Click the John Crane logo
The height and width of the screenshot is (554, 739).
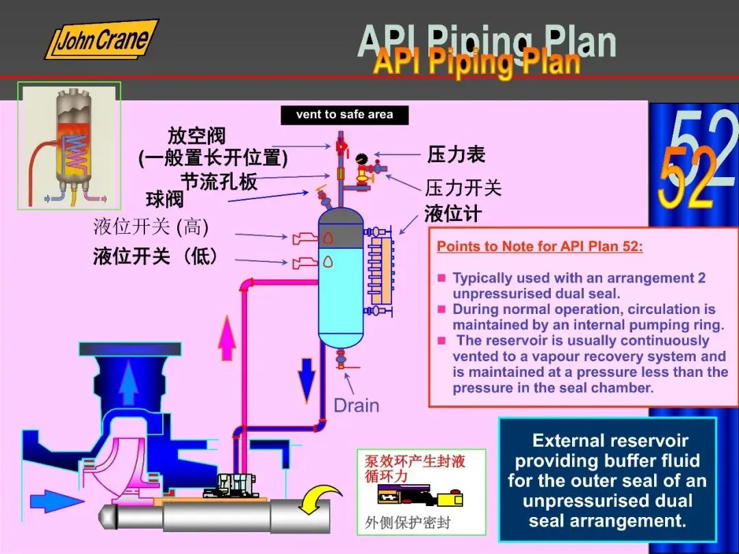(101, 40)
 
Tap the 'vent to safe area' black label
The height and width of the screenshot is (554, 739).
(344, 115)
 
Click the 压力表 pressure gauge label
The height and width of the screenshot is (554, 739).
(456, 155)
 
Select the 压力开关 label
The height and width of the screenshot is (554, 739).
(463, 187)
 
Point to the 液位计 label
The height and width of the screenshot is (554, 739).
(452, 214)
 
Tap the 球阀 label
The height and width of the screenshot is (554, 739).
(164, 200)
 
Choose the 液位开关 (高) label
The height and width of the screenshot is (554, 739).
(151, 226)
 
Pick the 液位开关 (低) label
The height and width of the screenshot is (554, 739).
(156, 257)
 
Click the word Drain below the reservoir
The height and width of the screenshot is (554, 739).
(356, 406)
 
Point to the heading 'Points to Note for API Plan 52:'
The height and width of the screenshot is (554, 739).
(540, 246)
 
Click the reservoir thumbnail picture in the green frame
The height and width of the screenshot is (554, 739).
(69, 145)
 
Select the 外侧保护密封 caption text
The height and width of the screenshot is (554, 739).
(408, 523)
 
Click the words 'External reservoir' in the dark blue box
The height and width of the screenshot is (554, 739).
(610, 440)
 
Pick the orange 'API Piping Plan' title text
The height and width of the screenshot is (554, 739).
(476, 62)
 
